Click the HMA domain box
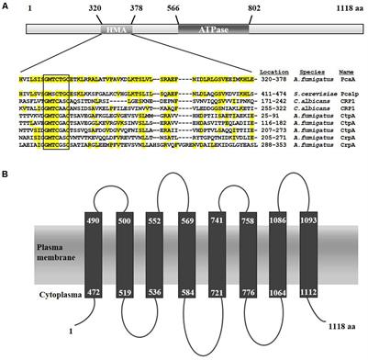pos(117,29)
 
